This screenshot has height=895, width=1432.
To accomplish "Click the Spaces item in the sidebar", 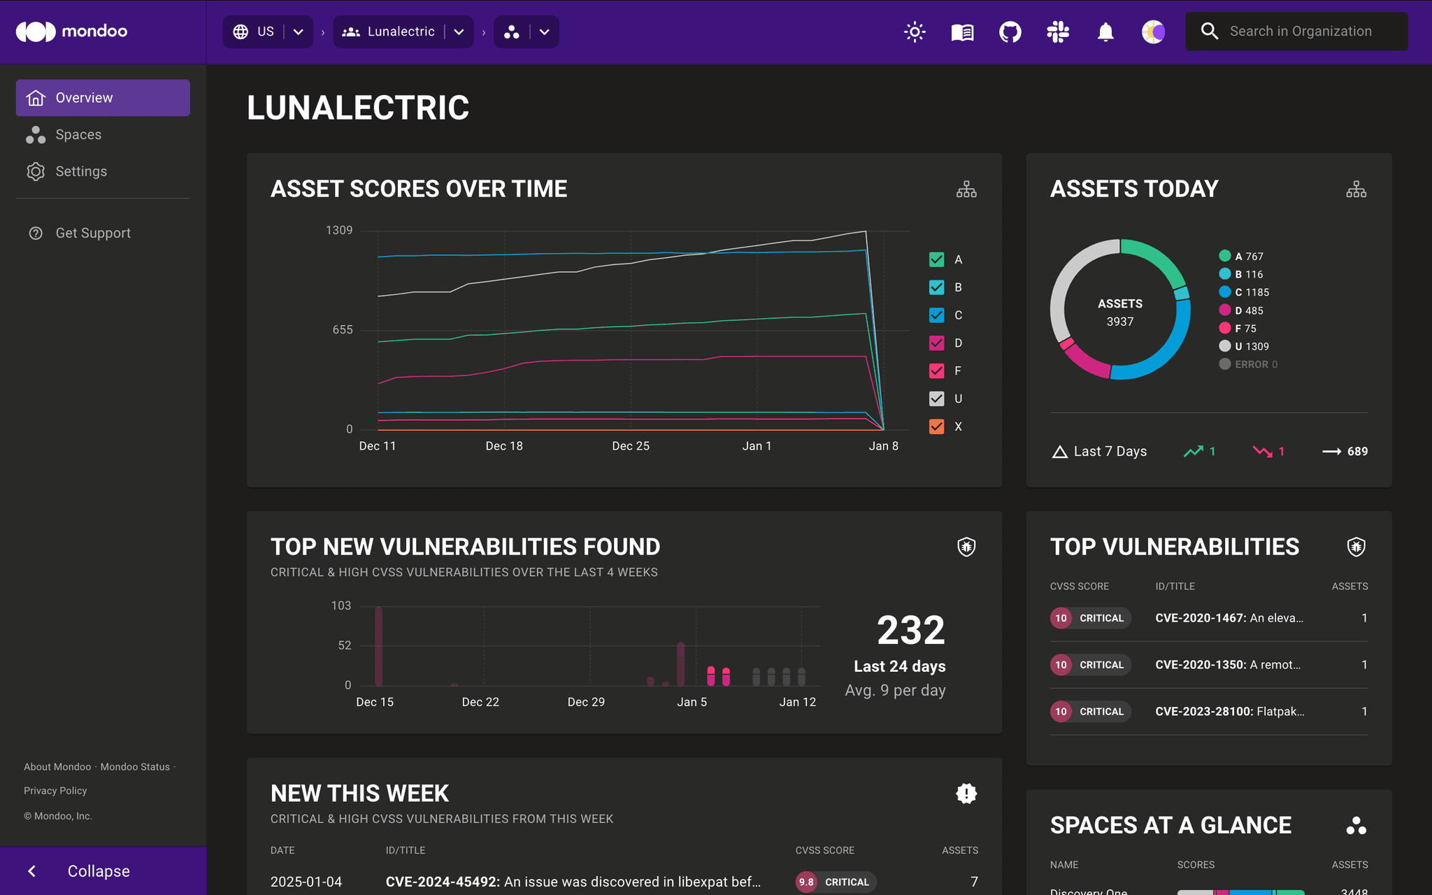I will [78, 135].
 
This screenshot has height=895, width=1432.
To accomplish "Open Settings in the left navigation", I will [81, 172].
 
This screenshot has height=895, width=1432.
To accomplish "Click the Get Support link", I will [93, 234].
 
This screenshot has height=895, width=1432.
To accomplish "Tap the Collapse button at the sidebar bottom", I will [98, 871].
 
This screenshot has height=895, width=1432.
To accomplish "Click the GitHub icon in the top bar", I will [1010, 32].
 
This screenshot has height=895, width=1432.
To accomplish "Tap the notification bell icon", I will [1105, 32].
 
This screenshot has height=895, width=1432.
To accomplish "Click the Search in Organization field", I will [1300, 31].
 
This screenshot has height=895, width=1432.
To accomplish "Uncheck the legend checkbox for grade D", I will [936, 343].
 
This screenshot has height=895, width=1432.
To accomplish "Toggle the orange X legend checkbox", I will [936, 427].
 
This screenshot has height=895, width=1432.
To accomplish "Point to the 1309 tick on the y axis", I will [339, 231].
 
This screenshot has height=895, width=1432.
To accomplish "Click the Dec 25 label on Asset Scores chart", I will [631, 446].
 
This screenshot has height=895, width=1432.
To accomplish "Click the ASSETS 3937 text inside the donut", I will [1119, 313].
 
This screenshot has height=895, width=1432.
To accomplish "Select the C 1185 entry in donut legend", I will [1251, 292].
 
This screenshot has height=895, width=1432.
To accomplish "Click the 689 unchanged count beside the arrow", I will [1356, 452].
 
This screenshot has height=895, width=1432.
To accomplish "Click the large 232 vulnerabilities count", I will [910, 630].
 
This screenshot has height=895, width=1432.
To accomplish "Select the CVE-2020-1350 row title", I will [1227, 665].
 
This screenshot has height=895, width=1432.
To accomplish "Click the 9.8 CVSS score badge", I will [806, 882].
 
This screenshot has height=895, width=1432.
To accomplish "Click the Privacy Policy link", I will [55, 791].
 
